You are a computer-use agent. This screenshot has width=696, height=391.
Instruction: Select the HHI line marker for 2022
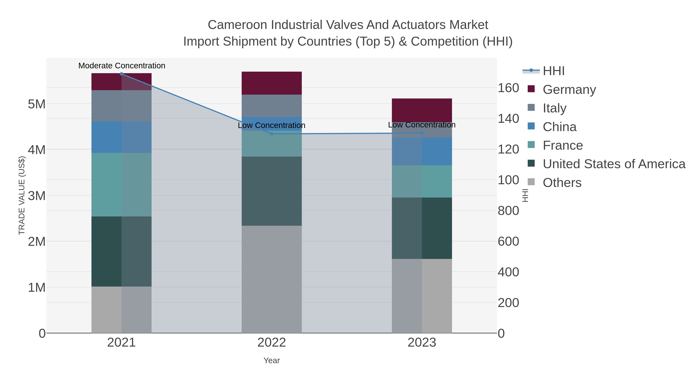(272, 134)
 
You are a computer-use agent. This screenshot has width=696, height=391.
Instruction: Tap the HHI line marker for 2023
(422, 133)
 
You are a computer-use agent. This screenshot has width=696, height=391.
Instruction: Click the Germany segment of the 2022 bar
(272, 83)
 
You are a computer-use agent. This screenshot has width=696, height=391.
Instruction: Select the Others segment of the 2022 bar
(272, 279)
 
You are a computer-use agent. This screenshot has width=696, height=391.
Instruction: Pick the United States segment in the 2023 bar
(422, 228)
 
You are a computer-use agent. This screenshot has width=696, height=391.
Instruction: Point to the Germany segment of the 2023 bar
(422, 110)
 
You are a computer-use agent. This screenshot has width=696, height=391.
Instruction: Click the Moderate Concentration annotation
(122, 66)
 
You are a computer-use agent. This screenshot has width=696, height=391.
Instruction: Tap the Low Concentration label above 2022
(272, 126)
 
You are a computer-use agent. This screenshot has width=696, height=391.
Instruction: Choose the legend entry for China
(559, 127)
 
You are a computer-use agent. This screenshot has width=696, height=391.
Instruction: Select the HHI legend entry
(553, 71)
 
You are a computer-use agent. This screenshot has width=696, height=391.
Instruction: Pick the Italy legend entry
(554, 108)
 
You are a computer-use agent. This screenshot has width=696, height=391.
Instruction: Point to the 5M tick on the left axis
(37, 104)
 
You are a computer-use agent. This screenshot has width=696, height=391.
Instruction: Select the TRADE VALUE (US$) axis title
(22, 195)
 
